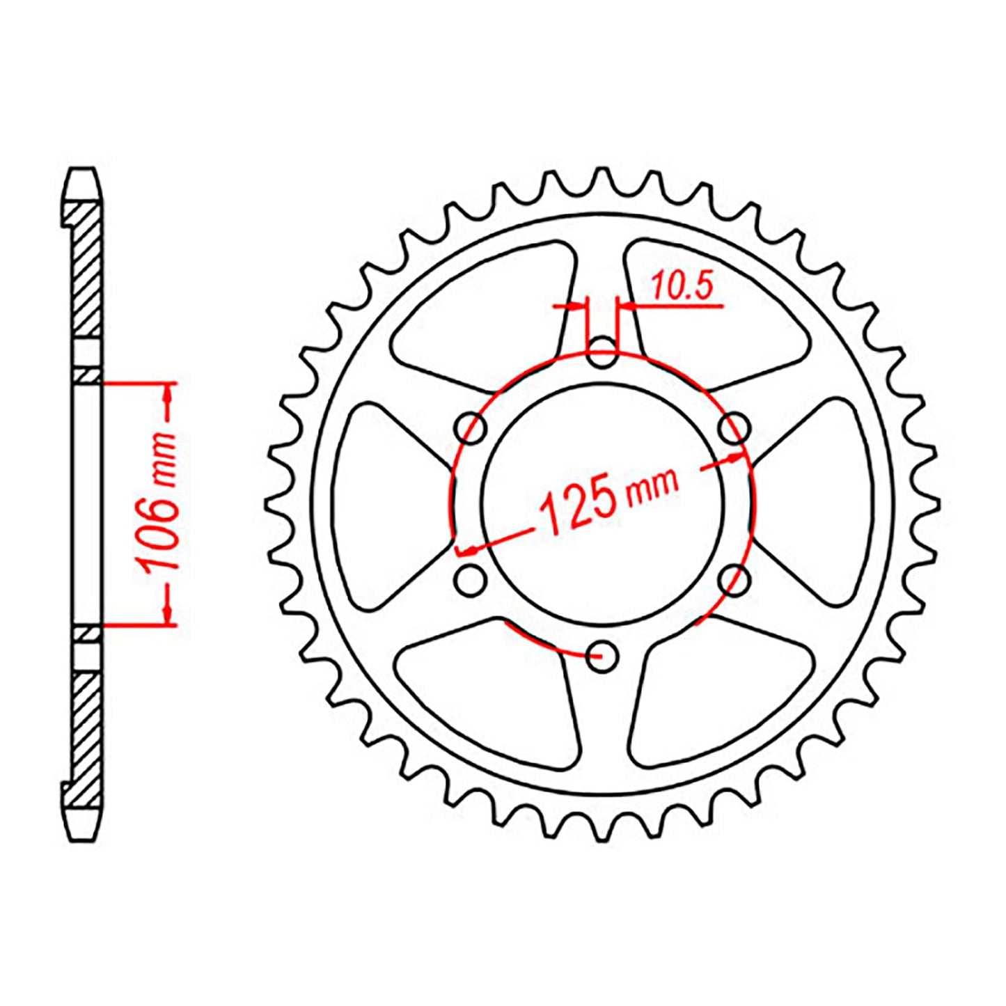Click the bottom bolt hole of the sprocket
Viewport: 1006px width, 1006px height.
click(602, 655)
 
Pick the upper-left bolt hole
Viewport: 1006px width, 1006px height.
click(470, 428)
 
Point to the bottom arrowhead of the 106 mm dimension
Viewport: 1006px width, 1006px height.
click(167, 613)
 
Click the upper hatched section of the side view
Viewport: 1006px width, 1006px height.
click(87, 272)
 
